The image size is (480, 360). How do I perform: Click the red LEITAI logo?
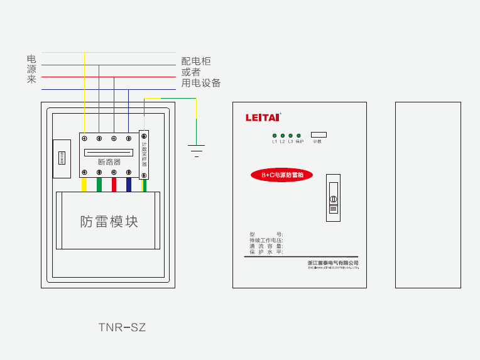(x=263, y=117)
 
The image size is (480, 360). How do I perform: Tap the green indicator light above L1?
(x=275, y=136)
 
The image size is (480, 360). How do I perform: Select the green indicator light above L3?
(x=290, y=136)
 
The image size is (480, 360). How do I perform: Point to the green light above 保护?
(x=298, y=136)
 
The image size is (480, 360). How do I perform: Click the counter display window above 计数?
(x=319, y=134)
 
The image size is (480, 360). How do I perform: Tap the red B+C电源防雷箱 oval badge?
(x=282, y=175)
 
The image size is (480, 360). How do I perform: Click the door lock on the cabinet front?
(x=333, y=198)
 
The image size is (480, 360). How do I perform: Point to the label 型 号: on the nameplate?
(x=266, y=234)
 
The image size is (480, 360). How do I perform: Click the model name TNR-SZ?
(x=122, y=327)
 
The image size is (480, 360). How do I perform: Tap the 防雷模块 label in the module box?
(x=109, y=222)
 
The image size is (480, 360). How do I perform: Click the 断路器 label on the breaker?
(x=109, y=162)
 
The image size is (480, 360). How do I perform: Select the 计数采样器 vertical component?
(x=144, y=155)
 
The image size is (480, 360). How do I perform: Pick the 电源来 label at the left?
(x=31, y=69)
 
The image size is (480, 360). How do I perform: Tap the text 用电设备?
(x=201, y=83)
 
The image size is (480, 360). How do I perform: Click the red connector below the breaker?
(x=114, y=184)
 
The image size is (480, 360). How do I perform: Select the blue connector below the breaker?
(x=129, y=184)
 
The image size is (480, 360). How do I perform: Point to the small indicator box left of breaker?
(x=62, y=157)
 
